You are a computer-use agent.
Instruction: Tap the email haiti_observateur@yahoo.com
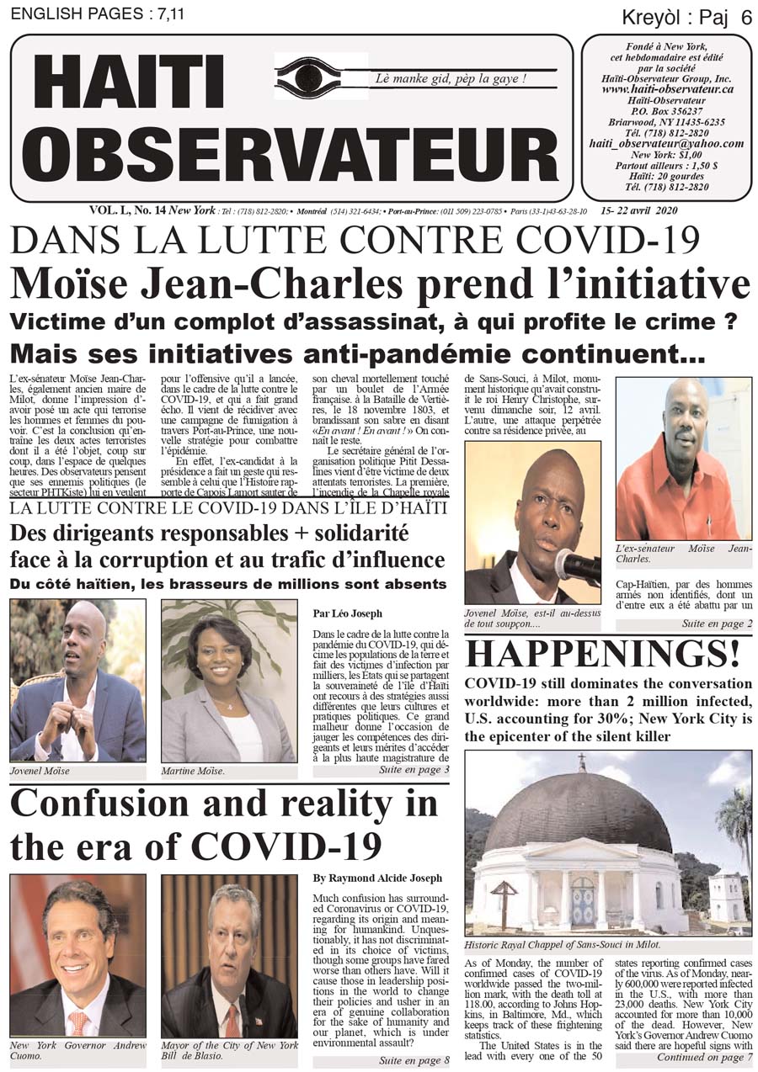(666, 143)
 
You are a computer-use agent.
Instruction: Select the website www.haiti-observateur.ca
(667, 88)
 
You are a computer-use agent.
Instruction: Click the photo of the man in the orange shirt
(683, 459)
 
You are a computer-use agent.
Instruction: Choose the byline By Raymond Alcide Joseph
(376, 878)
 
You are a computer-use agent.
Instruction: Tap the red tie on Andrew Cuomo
(78, 1022)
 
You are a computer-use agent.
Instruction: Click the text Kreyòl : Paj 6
(686, 18)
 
